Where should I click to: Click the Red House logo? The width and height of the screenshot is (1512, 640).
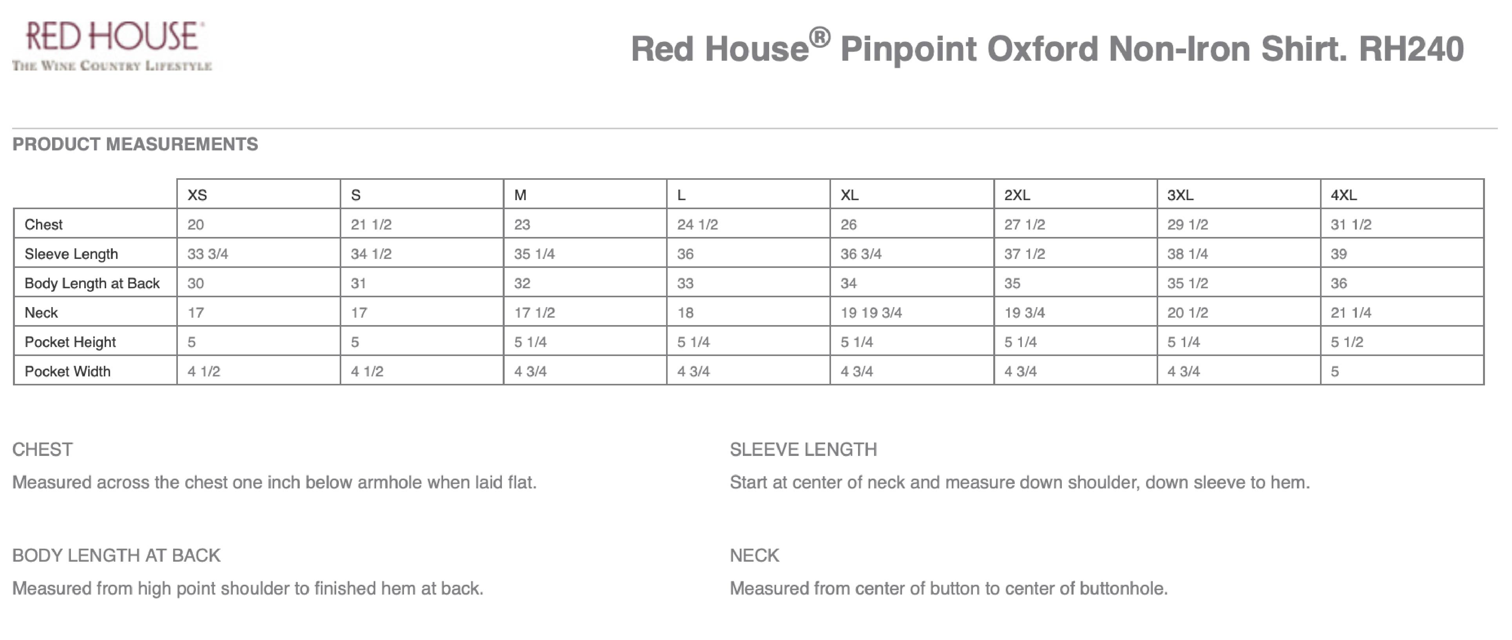[x=112, y=46]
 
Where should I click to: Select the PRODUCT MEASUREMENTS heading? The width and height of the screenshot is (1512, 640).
[x=135, y=144]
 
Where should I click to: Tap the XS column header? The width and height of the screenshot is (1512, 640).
[x=197, y=195]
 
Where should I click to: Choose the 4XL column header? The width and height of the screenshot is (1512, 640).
[x=1343, y=195]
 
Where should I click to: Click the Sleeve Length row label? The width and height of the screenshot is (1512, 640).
[x=71, y=254]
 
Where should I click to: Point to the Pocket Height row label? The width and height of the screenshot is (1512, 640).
[x=70, y=342]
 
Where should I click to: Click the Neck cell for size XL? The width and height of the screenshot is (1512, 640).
[x=871, y=313]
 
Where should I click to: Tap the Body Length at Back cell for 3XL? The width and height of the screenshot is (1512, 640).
[x=1188, y=283]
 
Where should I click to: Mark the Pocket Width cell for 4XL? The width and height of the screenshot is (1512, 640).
[x=1335, y=371]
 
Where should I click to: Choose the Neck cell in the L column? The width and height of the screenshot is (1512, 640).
[x=685, y=313]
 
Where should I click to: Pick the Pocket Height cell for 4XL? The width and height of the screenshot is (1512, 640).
[x=1347, y=342]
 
